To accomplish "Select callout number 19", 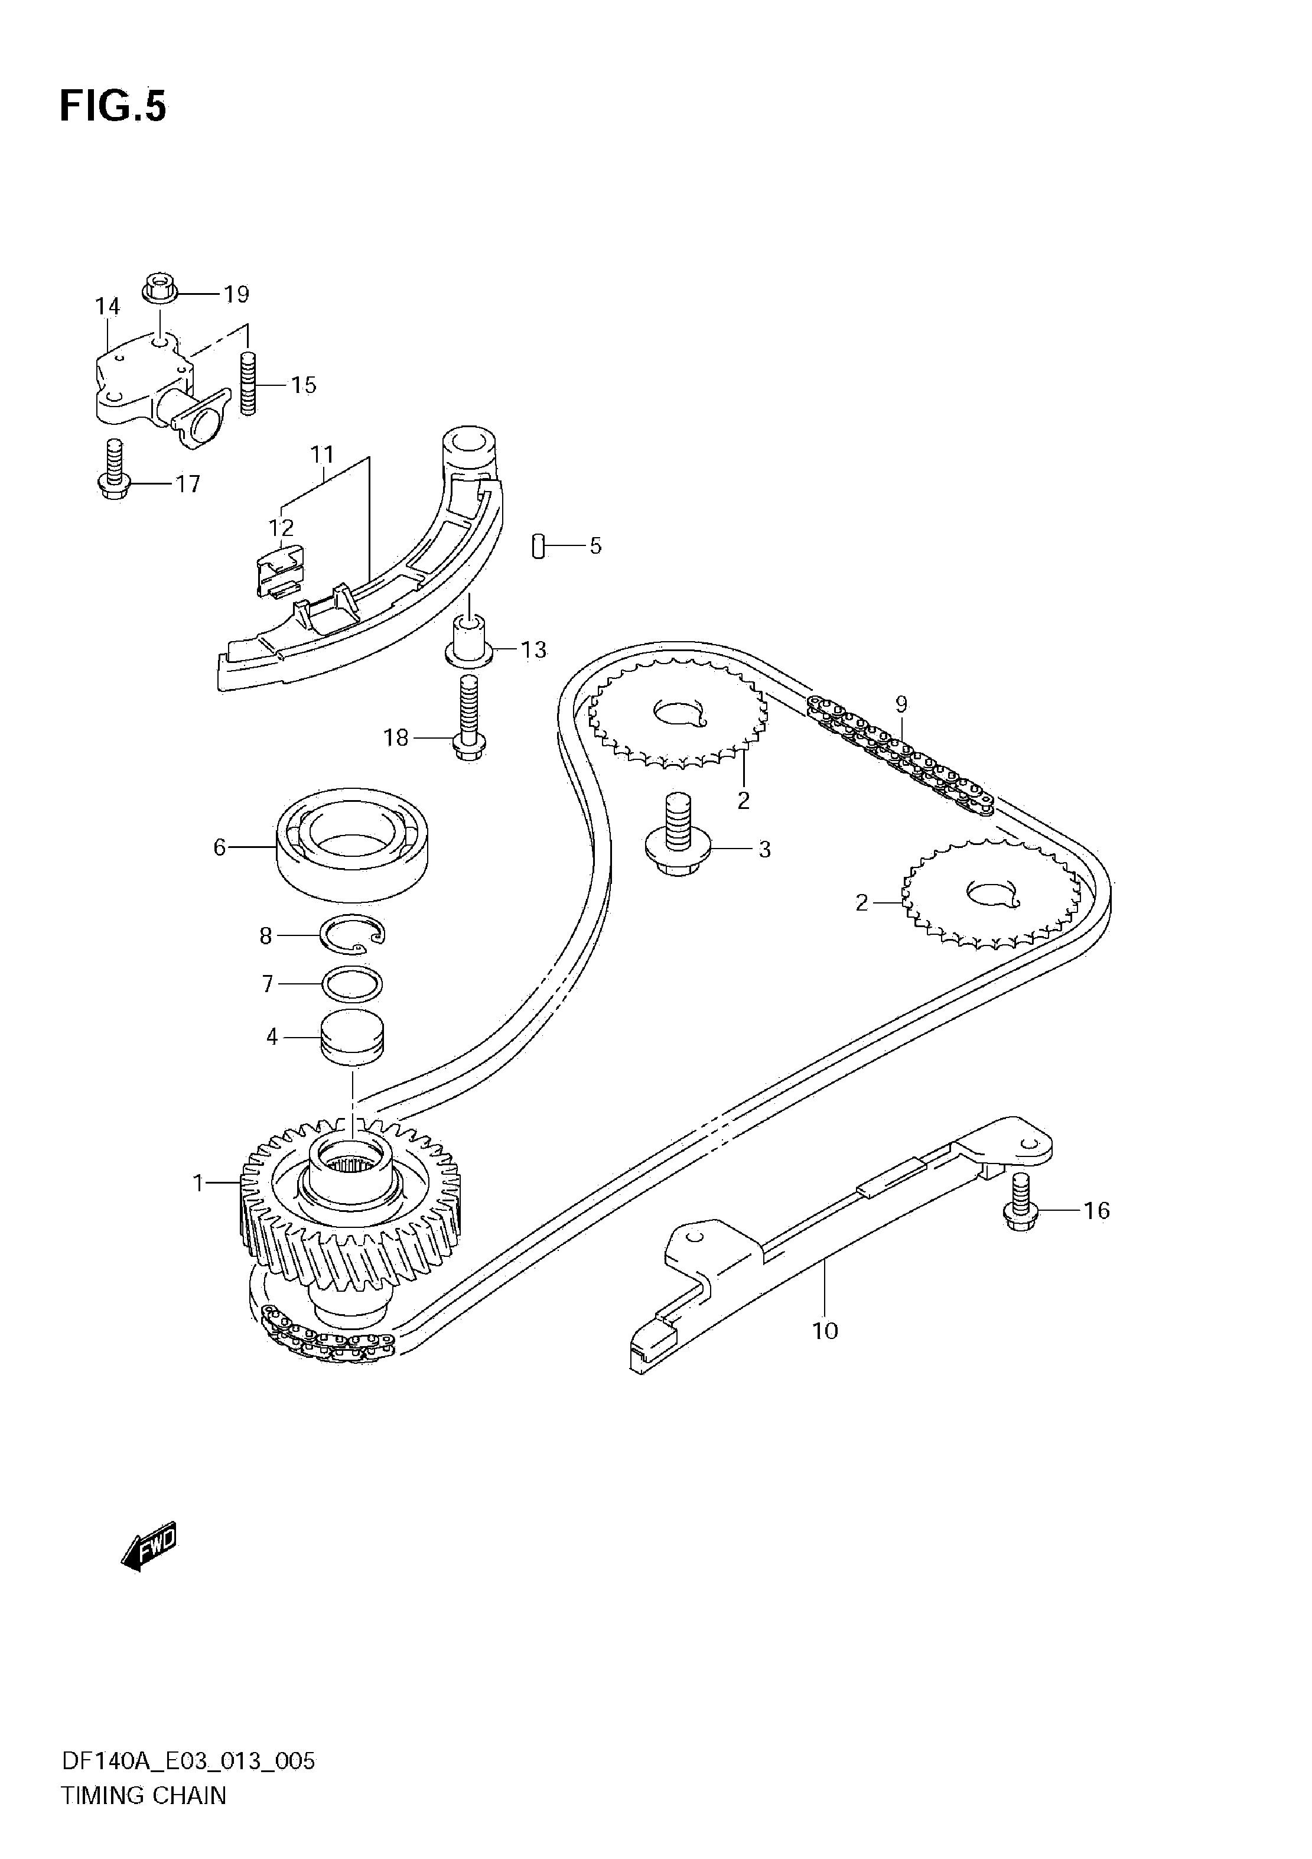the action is coord(236,294).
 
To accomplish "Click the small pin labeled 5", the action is coord(536,546).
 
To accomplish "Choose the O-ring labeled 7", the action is coord(353,984).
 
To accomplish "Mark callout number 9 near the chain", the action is coord(901,704).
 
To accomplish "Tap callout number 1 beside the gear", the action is coord(197,1183).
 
